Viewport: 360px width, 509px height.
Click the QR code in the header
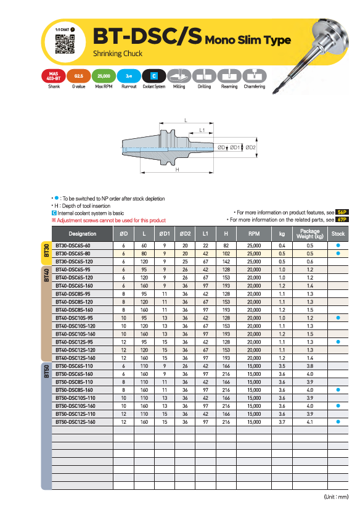pos(65,44)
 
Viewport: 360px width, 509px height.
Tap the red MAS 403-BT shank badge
pos(54,76)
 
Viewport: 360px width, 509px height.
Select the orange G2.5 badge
pos(79,76)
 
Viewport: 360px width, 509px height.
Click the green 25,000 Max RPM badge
pos(104,76)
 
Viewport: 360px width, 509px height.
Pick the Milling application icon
pos(179,76)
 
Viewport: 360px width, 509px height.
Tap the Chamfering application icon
pos(255,76)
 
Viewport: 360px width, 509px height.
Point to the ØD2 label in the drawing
pos(250,147)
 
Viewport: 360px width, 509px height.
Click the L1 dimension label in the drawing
pos(202,130)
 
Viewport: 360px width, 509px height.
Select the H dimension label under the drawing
pos(178,170)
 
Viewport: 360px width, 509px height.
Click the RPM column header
pos(254,234)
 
